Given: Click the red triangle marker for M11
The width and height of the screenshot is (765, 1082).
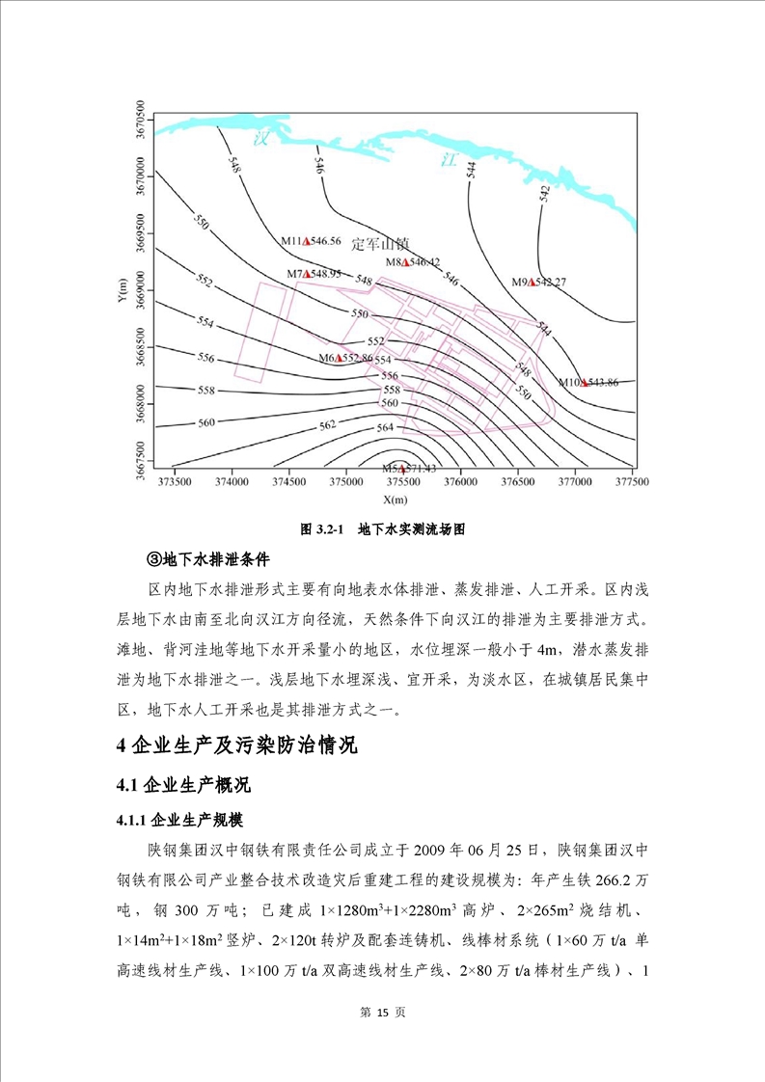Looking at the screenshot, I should click(x=306, y=241).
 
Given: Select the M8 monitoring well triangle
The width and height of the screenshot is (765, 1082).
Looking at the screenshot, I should click(x=409, y=262).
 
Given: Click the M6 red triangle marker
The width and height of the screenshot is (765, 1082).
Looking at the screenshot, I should click(x=340, y=358).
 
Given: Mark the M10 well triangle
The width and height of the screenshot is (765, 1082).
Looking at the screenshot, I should click(x=584, y=382).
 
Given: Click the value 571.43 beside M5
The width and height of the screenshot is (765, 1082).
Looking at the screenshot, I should click(x=422, y=468).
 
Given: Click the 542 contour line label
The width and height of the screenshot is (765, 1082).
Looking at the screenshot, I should click(x=544, y=193).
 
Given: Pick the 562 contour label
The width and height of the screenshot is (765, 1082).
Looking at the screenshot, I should click(x=328, y=424).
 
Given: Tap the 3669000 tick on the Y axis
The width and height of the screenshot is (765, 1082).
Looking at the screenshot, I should click(x=141, y=286).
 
